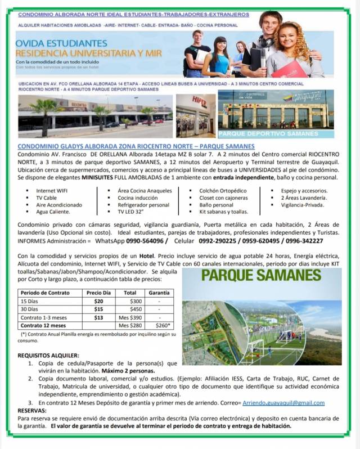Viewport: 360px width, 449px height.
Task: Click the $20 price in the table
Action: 98,302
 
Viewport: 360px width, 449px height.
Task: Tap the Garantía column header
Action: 159,293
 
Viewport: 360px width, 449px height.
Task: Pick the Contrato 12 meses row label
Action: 43,325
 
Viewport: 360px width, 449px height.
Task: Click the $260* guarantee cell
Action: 162,325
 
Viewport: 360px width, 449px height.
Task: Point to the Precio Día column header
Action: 98,293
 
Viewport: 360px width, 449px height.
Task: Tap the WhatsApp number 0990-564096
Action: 145,241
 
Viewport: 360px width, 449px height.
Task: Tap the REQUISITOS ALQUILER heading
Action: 48,356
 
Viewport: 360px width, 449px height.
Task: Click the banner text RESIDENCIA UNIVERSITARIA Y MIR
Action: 89,53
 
